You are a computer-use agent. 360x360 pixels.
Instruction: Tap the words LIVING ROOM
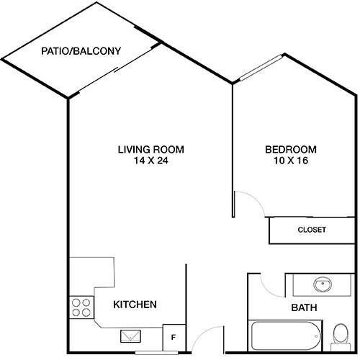(x=150, y=150)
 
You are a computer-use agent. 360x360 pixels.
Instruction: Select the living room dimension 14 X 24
(x=150, y=161)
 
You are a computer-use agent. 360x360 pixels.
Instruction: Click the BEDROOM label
(x=290, y=150)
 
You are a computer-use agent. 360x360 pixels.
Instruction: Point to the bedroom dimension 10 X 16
(x=290, y=161)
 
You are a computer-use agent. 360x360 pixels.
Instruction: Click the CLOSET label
(x=311, y=230)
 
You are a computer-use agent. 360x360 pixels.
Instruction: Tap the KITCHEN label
(x=135, y=305)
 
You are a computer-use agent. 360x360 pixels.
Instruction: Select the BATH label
(x=304, y=308)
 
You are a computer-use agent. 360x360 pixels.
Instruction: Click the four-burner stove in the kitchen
(x=81, y=307)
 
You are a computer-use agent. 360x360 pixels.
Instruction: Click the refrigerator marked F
(x=174, y=336)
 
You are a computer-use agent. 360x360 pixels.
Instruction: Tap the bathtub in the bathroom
(x=284, y=334)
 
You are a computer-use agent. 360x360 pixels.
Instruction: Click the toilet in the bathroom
(x=341, y=334)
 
